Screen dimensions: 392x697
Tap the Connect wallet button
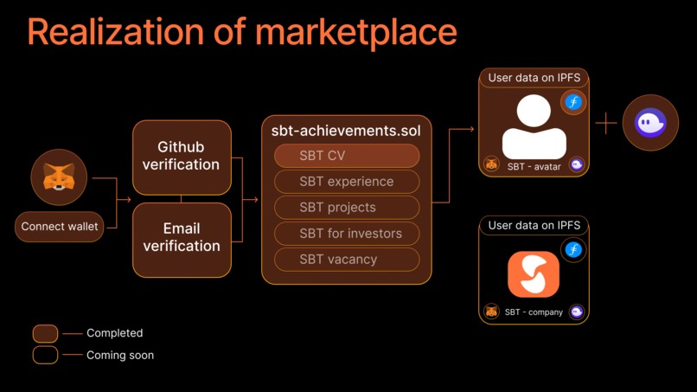coord(59,227)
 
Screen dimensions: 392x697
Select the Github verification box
coord(182,157)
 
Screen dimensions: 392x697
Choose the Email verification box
coord(182,238)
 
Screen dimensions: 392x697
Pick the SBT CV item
coord(347,156)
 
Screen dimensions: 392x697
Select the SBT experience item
coord(347,182)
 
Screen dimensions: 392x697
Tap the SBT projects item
coord(347,208)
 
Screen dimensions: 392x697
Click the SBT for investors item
coord(347,233)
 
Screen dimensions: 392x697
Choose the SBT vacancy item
coord(347,259)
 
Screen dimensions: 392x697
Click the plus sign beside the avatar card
coord(606,124)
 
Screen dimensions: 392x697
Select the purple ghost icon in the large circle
coord(650,123)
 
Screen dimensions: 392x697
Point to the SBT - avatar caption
coord(533,164)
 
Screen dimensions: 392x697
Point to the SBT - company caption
coord(534,312)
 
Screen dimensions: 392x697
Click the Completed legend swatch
coord(45,333)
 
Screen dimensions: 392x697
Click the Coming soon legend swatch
coord(45,355)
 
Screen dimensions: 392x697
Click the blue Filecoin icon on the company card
coord(572,250)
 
